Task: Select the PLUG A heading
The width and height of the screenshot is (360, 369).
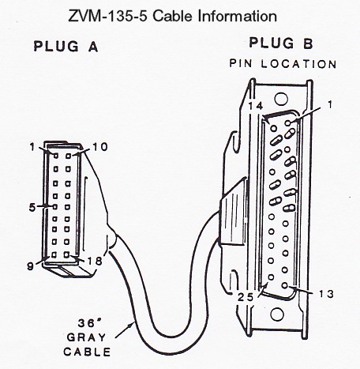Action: point(66,47)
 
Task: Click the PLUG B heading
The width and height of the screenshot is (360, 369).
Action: point(281,43)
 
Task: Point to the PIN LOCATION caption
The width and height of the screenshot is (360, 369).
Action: point(283,64)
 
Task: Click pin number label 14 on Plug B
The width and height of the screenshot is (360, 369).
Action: point(256,106)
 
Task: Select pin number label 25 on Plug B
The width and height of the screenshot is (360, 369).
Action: point(246,297)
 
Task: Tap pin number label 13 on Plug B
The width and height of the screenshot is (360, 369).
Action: point(326,294)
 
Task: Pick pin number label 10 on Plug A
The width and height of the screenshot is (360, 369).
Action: point(99,147)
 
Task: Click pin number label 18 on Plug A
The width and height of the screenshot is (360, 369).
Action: point(95,261)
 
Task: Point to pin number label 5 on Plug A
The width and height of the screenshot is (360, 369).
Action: point(32,208)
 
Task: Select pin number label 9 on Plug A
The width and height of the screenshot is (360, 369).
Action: point(31,266)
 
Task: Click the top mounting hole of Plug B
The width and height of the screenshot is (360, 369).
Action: point(281,99)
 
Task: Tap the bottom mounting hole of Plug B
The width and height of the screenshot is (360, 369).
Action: point(277,314)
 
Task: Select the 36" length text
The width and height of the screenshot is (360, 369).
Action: point(87,323)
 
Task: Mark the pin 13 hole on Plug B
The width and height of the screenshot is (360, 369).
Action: point(284,285)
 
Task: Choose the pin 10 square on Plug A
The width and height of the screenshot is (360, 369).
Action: point(69,156)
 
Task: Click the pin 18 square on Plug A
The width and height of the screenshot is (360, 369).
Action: point(67,254)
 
